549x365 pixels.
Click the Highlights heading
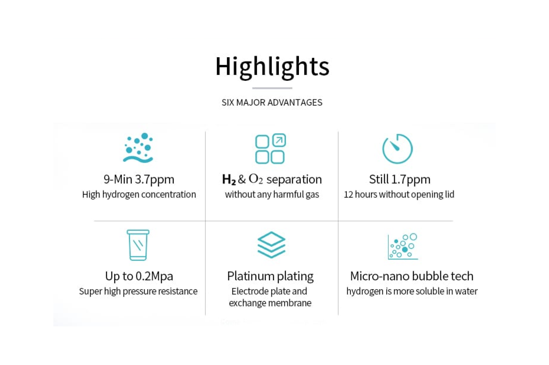point(272,67)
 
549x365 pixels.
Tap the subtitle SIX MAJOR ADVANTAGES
point(272,103)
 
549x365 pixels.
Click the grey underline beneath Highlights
point(272,88)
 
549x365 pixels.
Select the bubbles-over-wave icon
point(138,148)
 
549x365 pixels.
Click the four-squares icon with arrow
point(270,149)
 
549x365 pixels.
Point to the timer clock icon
point(397,149)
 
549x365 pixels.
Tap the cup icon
point(138,245)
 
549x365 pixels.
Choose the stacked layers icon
point(271,245)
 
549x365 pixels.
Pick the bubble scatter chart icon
point(403,246)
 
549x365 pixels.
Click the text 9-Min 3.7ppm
point(139,179)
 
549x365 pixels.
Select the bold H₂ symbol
point(229,180)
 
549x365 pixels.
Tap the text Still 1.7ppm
point(400,179)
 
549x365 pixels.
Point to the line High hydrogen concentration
point(139,195)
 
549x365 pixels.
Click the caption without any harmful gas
point(272,195)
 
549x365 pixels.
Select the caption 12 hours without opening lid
point(399,195)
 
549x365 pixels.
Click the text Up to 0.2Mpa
point(139,276)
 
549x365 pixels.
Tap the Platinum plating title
point(270,276)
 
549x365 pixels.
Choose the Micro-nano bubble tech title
point(412,276)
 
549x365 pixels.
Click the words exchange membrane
point(270,303)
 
